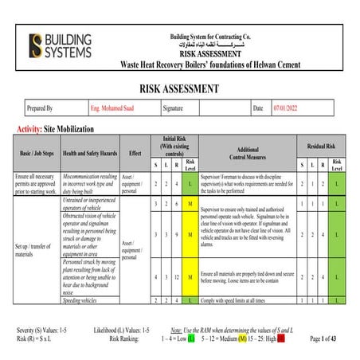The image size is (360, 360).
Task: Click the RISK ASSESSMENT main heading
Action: tap(179, 88)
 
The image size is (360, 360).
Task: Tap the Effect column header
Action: tap(135, 152)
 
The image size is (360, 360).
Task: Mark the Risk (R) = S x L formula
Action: tap(32, 339)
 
